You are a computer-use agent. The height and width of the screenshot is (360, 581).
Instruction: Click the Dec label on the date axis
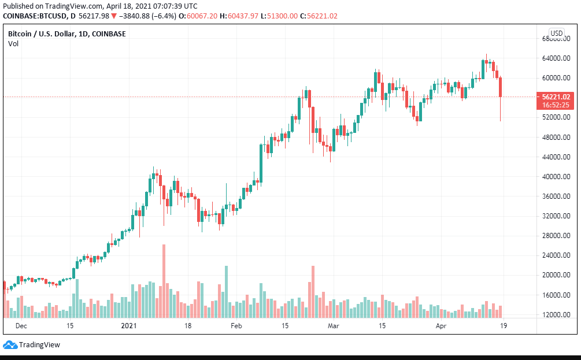[x=21, y=326]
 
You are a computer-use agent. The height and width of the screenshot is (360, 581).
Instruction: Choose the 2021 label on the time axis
[x=128, y=326]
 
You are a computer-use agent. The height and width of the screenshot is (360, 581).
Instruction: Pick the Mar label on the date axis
[x=334, y=326]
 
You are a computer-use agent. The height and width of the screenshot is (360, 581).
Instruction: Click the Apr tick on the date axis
[x=441, y=326]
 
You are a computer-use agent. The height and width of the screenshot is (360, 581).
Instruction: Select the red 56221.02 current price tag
[x=556, y=97]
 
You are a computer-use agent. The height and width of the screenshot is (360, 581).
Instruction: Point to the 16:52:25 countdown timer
[x=556, y=105]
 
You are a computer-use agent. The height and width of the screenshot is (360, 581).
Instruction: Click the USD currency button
[x=557, y=34]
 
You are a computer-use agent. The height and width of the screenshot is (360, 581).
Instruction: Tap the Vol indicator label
[x=13, y=43]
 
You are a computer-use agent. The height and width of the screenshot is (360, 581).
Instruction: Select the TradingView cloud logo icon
[x=10, y=345]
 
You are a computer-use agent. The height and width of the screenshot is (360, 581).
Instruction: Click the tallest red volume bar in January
[x=164, y=281]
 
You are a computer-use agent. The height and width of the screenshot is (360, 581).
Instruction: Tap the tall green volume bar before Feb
[x=226, y=292]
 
